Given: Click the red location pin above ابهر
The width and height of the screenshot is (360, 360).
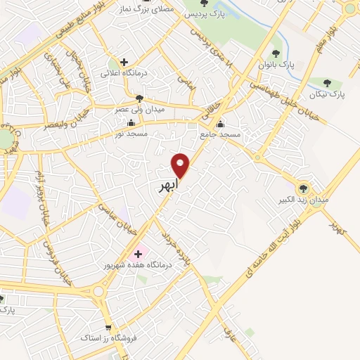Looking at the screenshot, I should click(181, 165).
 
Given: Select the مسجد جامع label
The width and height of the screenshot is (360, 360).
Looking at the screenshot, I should click(238, 133).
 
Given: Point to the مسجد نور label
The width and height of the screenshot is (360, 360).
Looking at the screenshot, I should click(129, 132).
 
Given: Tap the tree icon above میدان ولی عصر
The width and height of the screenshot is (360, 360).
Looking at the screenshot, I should click(139, 98).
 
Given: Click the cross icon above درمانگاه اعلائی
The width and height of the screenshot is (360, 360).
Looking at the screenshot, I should click(124, 62).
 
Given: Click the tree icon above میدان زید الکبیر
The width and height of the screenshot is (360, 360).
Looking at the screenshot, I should click(304, 188).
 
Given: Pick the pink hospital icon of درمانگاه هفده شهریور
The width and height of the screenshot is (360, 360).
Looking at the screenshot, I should click(138, 254).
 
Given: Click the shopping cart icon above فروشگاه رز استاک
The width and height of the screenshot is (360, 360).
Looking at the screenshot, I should click(108, 328).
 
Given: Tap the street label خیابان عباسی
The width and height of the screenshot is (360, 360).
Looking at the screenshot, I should click(114, 202).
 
